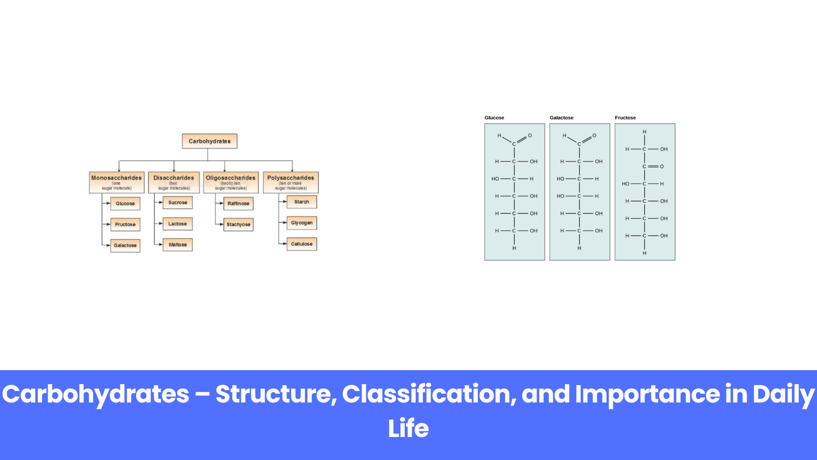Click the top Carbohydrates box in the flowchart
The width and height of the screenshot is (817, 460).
point(209,141)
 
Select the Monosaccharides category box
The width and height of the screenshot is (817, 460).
point(117,182)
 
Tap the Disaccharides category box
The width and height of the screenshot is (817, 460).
point(174,182)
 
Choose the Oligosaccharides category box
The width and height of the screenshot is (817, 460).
point(231,182)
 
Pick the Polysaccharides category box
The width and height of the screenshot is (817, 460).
point(291,182)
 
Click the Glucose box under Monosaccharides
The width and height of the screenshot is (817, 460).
point(125,204)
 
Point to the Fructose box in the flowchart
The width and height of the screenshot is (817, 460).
point(125,224)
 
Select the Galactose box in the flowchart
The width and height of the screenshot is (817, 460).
point(125,245)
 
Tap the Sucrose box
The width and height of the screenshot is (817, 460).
point(177,203)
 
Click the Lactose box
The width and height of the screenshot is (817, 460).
point(177,224)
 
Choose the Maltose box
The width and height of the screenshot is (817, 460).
point(177,244)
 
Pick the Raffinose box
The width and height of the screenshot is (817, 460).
point(238,204)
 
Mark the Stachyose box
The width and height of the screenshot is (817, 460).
point(238,224)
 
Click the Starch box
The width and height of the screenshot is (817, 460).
point(302,202)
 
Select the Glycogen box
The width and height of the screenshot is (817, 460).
point(302,223)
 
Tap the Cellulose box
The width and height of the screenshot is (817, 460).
point(302,244)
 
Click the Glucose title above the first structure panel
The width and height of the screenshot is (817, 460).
point(494,118)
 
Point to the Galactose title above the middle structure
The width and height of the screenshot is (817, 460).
point(561,118)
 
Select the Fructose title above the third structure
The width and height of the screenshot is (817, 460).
point(625,118)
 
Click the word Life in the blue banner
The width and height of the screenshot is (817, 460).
point(408,428)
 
